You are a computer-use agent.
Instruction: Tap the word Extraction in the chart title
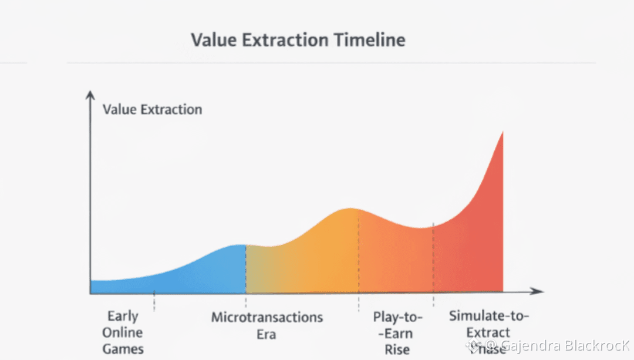point(283,40)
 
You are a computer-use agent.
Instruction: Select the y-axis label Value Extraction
point(152,109)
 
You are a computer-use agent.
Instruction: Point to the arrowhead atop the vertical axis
point(90,94)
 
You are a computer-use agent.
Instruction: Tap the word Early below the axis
point(123,317)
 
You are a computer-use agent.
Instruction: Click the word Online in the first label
point(123,332)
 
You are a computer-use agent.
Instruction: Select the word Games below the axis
point(123,349)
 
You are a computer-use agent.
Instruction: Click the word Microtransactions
point(267,318)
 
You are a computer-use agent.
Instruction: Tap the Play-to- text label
point(397,318)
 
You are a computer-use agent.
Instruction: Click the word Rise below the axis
point(397,350)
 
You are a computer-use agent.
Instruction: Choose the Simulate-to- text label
point(489,316)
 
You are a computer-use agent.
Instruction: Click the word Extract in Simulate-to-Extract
point(489,332)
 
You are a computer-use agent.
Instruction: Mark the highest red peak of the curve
point(503,133)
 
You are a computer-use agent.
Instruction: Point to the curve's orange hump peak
point(350,209)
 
